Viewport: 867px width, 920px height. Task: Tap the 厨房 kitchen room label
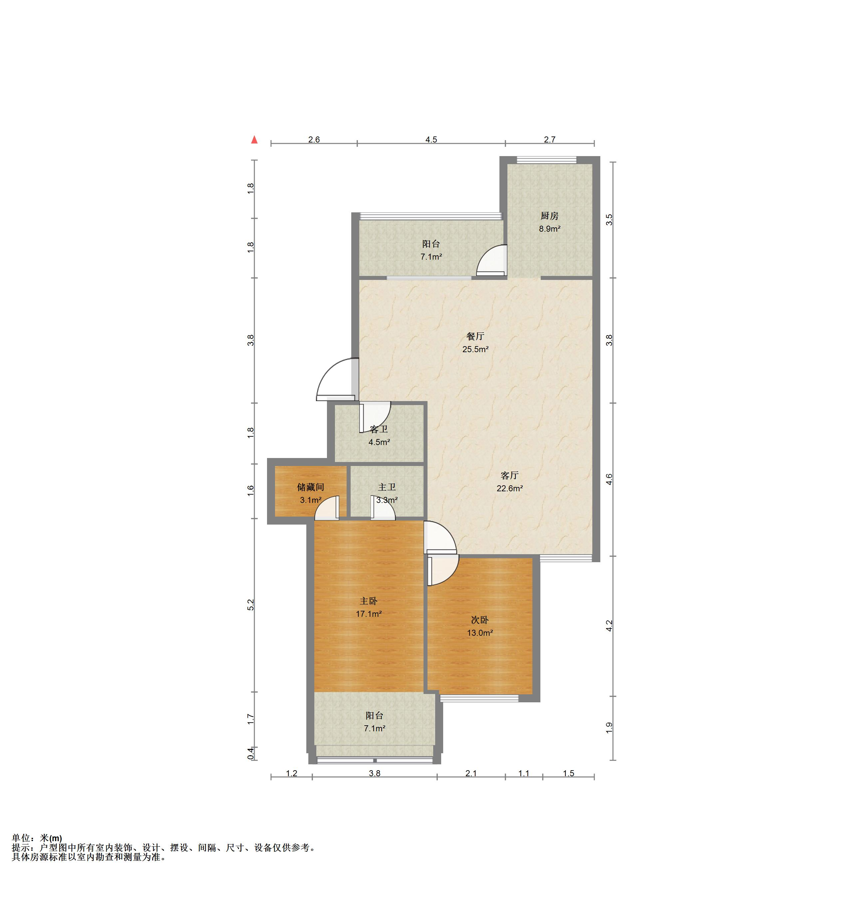coord(549,216)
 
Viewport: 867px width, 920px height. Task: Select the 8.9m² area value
coord(549,229)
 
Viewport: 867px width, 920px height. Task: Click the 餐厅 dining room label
coord(475,337)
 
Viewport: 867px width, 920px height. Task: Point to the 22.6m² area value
coord(510,488)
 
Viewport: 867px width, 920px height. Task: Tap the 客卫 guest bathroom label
coord(379,429)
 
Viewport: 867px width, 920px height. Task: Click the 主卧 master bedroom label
coord(369,601)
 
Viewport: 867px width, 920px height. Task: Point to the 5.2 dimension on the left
coord(250,604)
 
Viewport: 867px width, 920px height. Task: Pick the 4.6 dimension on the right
coord(609,479)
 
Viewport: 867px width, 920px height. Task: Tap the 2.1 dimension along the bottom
coord(471,773)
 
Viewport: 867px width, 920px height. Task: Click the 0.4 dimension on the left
coord(250,753)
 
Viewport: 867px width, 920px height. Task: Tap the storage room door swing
coord(327,508)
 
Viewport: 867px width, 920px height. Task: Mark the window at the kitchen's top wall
coord(547,160)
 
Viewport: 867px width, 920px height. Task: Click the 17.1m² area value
coord(369,614)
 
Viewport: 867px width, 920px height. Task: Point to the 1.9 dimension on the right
coord(609,728)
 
